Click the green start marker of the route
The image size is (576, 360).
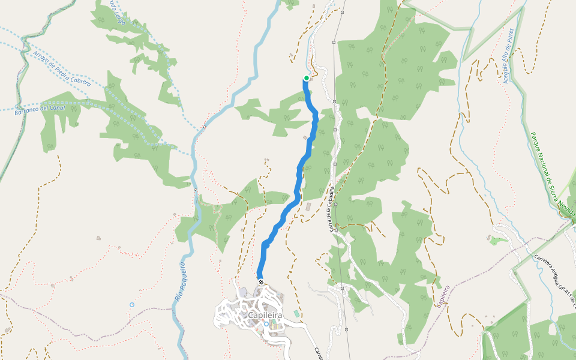coord(307,78)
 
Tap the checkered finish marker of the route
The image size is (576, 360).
coord(261,281)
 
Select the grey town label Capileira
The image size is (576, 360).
coord(265,314)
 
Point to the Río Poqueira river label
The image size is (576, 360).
coord(179,281)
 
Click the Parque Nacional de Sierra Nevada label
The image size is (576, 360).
coord(553,175)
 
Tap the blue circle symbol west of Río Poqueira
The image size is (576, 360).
coord(132,305)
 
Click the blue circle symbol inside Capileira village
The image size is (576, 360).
coord(266,324)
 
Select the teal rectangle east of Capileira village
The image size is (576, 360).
coord(296,314)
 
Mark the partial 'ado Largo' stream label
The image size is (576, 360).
coord(118,12)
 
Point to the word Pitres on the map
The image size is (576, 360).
coord(511,37)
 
